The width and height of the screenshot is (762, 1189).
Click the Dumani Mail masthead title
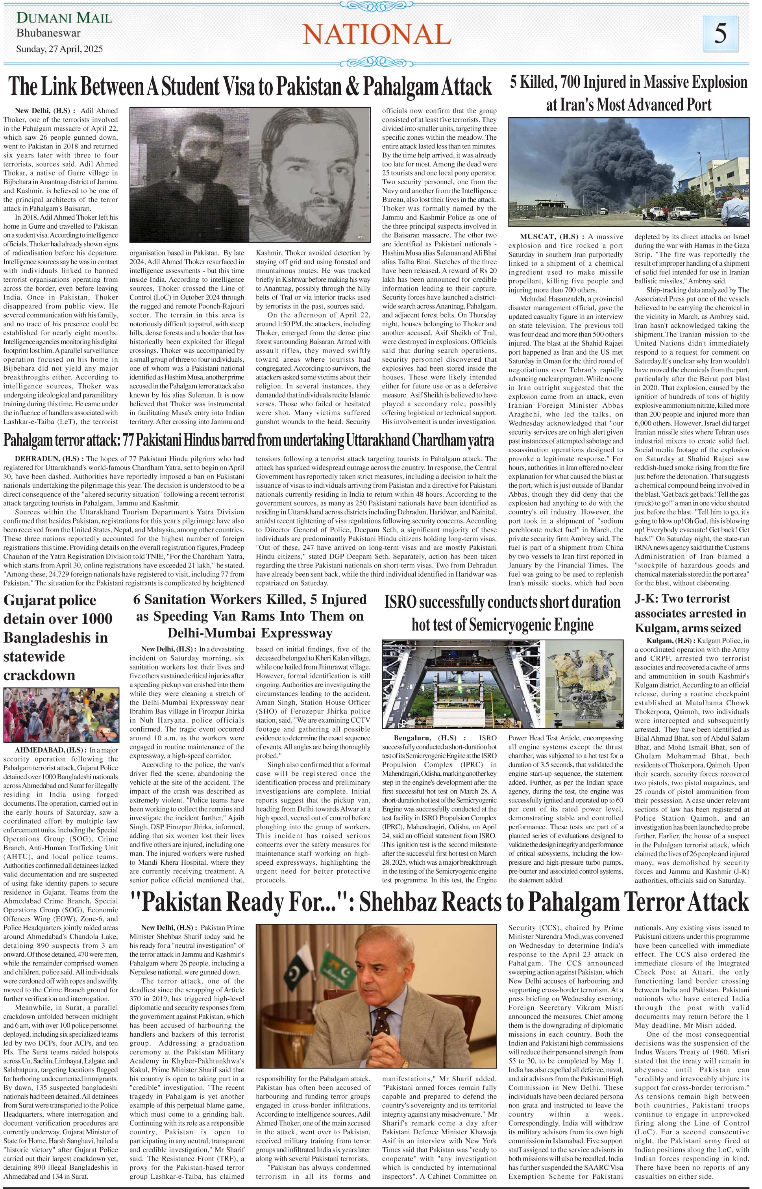click(x=64, y=18)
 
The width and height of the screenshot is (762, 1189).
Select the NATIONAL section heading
click(x=377, y=35)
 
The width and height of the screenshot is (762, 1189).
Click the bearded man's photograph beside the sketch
click(x=189, y=176)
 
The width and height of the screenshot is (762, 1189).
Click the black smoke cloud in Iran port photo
click(x=608, y=158)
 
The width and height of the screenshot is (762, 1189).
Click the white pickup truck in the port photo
click(x=683, y=213)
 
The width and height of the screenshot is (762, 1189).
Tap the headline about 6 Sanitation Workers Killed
click(x=250, y=616)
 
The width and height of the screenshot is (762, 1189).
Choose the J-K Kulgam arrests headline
click(x=690, y=613)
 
